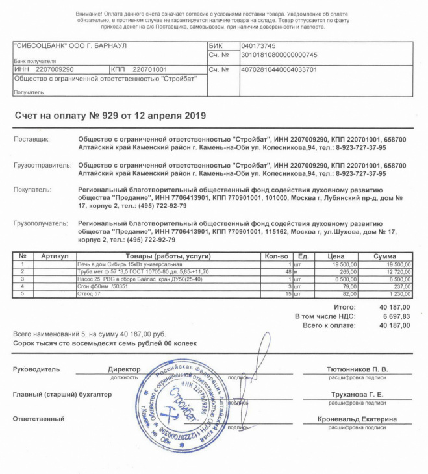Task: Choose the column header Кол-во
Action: (275, 256)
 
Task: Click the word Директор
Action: (123, 369)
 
